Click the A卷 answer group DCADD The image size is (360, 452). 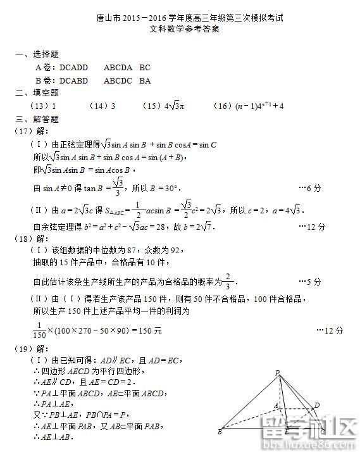(73, 67)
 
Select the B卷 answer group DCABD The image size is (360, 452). (73, 80)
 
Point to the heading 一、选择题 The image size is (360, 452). (37, 55)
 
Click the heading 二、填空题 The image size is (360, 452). (37, 92)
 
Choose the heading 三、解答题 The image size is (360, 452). (37, 118)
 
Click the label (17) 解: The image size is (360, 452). (30, 131)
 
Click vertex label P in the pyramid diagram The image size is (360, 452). (277, 373)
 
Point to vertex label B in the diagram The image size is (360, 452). (220, 432)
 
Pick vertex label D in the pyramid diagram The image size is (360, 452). (317, 405)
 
